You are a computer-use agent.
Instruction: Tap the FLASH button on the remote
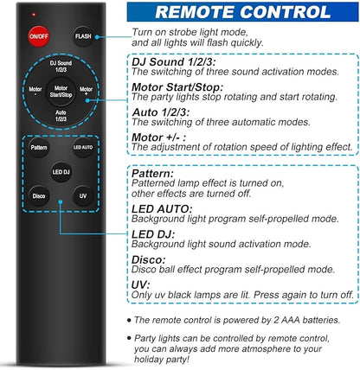pos(83,36)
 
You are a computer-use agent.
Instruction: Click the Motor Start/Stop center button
pos(61,92)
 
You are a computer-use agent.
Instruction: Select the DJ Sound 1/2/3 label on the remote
pos(61,67)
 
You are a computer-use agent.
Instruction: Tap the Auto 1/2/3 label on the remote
pos(61,116)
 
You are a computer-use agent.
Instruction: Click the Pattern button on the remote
pos(39,148)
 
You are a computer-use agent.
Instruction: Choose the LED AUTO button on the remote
pos(83,148)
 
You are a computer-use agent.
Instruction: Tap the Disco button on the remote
pos(39,196)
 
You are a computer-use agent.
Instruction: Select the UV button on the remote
pos(83,196)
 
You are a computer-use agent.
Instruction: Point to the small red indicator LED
pos(34,14)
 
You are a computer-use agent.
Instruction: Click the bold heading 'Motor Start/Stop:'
pos(177,87)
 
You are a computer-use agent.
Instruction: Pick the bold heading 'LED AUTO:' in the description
pos(162,209)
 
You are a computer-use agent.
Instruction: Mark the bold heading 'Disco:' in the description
pos(149,259)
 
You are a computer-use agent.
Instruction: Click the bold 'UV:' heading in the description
pos(141,285)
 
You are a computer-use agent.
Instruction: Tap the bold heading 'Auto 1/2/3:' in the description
pos(161,112)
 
